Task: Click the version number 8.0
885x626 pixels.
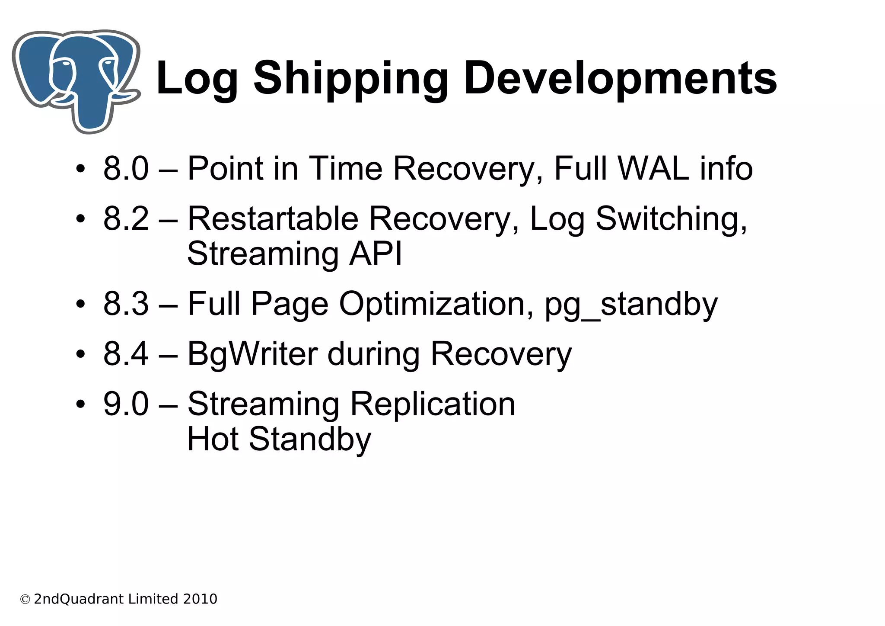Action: (x=126, y=168)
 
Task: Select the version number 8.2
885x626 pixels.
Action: (x=126, y=218)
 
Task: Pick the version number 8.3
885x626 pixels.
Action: (x=126, y=304)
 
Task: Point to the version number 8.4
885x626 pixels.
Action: (x=126, y=354)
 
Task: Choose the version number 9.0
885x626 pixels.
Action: (x=126, y=404)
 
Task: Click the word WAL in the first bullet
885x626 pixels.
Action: (x=653, y=168)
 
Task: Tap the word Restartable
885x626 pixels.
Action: (x=273, y=218)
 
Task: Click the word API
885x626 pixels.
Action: (x=376, y=254)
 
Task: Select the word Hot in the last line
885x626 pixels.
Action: (x=212, y=439)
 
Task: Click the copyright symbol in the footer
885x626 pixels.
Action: (x=25, y=600)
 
